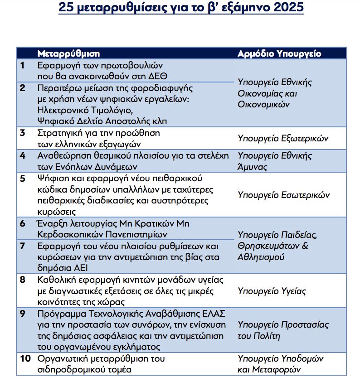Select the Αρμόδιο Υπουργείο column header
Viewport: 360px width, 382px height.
click(x=279, y=53)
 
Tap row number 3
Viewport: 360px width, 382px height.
click(x=23, y=133)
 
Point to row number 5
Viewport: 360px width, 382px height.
click(x=23, y=178)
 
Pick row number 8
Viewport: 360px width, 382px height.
click(x=23, y=280)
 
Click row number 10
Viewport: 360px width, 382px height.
click(x=25, y=358)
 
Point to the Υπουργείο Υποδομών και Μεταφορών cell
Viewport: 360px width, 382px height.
click(x=280, y=363)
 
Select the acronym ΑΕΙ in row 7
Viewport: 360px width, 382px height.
click(x=77, y=268)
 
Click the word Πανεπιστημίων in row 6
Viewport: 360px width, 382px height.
click(x=139, y=234)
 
